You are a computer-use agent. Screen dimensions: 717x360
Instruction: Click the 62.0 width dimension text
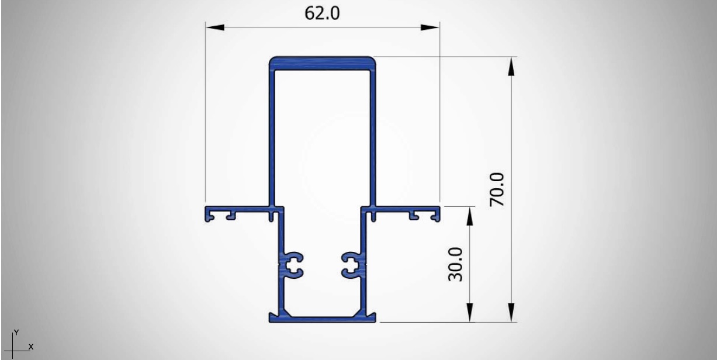(322, 13)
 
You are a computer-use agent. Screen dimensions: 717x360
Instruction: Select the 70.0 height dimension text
(497, 189)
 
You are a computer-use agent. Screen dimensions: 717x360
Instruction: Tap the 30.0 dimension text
(455, 264)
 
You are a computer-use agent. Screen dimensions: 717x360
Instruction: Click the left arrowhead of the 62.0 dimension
(215, 27)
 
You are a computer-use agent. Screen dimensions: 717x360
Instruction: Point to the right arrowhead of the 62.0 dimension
(430, 27)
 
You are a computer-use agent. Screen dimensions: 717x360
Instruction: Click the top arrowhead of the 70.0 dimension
(511, 66)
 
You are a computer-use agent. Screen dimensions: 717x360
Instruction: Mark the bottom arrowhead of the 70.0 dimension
(511, 313)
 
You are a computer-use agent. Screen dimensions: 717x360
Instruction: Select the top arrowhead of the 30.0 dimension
(469, 216)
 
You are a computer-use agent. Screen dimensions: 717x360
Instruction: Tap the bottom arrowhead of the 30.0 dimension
(469, 313)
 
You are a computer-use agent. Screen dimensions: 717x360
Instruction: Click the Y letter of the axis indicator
(16, 333)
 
